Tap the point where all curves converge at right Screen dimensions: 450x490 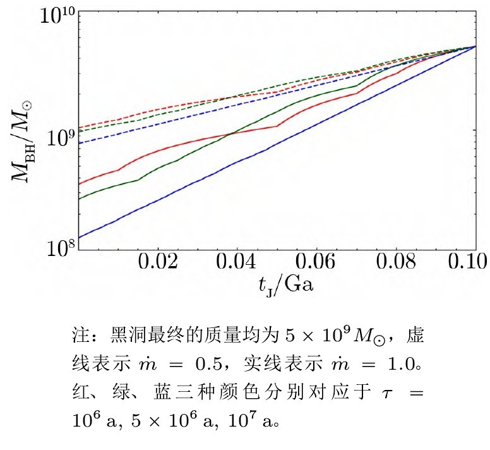[475, 47]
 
